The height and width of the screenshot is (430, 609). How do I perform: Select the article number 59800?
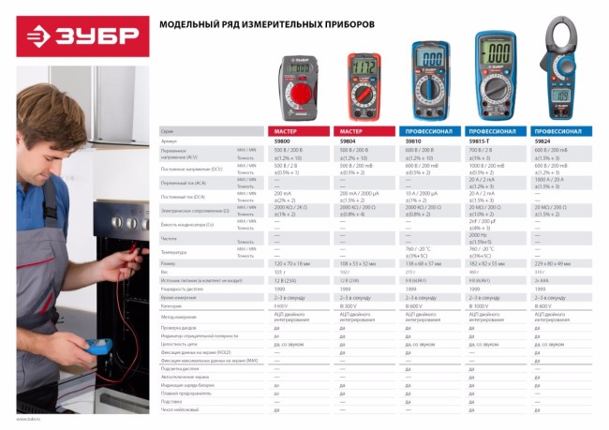coord(282,141)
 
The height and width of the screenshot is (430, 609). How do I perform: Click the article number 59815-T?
coord(482,141)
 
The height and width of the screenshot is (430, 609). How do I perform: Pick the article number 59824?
coord(542,141)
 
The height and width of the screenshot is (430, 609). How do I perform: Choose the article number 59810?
coord(413,141)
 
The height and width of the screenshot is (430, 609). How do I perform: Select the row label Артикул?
coord(170,141)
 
